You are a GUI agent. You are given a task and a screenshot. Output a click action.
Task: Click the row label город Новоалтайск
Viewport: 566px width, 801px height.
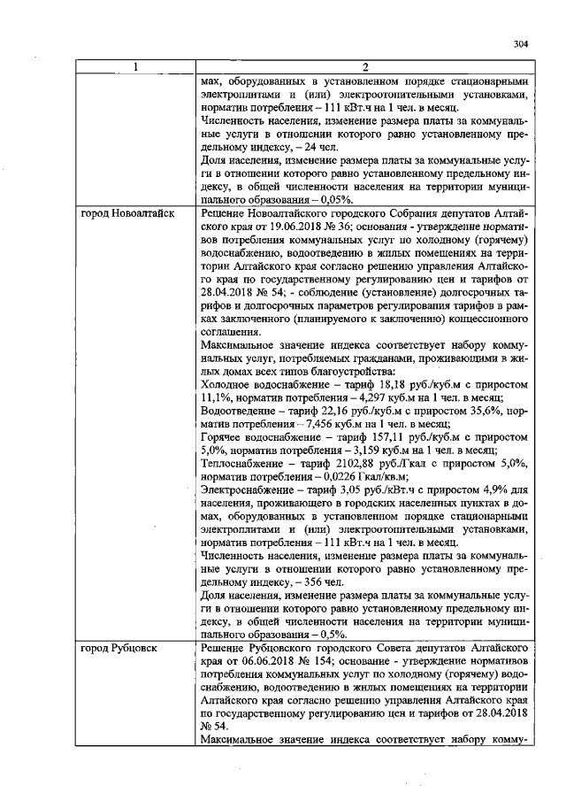tap(127, 214)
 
